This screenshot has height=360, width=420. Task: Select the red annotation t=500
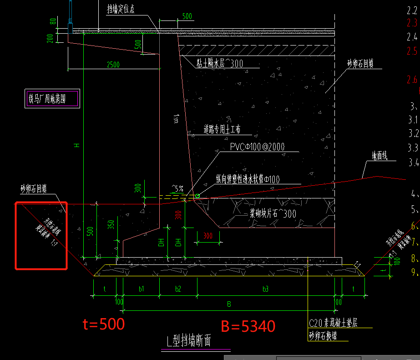103,324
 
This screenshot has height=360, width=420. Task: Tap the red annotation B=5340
248,326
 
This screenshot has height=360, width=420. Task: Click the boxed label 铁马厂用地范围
53,99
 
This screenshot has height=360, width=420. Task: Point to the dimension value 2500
113,65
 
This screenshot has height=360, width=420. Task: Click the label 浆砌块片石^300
273,214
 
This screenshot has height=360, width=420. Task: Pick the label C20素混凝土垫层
333,323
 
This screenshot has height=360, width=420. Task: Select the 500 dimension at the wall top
187,16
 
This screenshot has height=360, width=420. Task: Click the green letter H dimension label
77,146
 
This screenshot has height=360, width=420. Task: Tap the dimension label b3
266,289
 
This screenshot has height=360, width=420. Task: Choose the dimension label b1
141,289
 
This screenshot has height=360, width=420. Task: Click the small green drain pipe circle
197,196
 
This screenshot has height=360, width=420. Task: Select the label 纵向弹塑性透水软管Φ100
248,180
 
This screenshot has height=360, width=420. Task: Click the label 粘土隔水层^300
219,64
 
